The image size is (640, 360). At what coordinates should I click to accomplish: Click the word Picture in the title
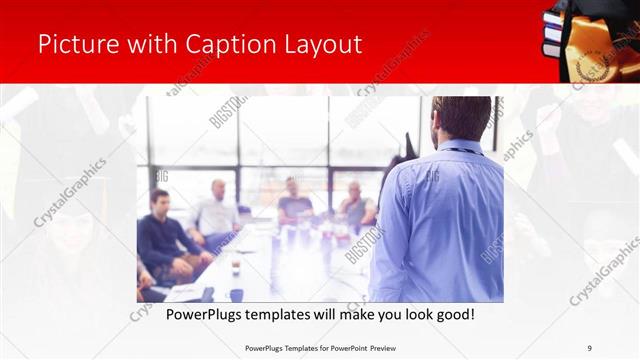(74, 44)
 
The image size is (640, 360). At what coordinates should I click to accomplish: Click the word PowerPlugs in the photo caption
(196, 314)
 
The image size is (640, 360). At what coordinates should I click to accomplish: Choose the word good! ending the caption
(454, 314)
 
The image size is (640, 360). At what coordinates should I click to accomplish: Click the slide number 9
(589, 348)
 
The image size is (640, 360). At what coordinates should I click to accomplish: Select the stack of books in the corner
(552, 35)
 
